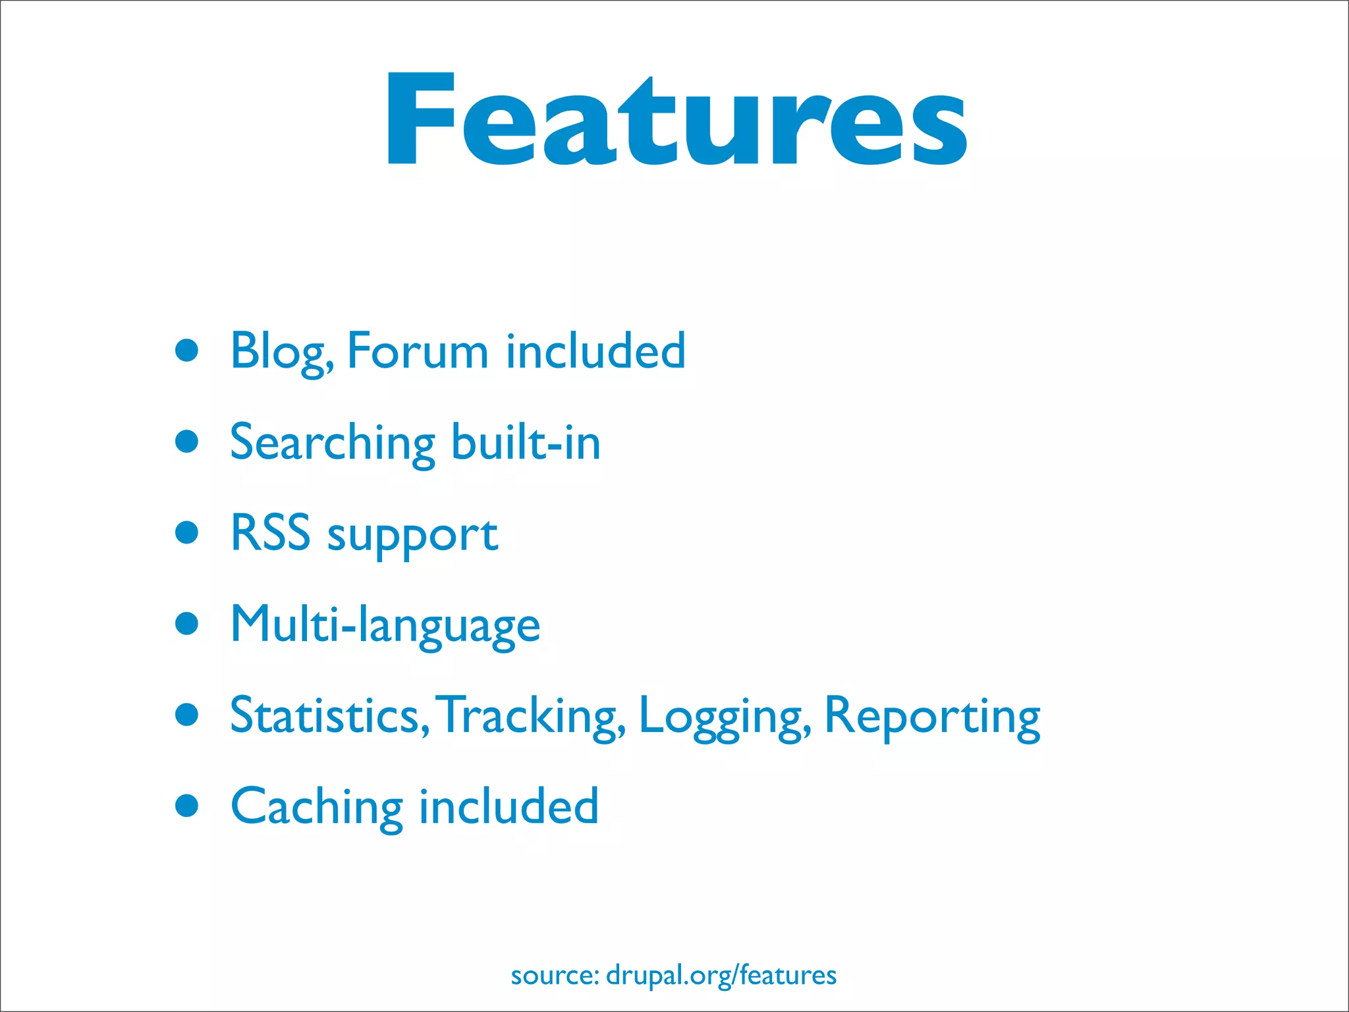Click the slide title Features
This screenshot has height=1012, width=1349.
(676, 119)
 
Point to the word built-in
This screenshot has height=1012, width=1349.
(526, 442)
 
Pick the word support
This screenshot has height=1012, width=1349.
(412, 535)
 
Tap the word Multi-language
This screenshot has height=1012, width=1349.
(385, 625)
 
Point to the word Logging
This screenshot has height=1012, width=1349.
(723, 717)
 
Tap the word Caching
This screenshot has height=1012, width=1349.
(316, 807)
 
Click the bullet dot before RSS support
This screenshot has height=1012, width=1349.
(187, 532)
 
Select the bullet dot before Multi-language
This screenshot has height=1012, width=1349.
(187, 623)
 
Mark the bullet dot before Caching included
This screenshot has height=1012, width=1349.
(187, 805)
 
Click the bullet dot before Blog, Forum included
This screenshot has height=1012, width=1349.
(187, 351)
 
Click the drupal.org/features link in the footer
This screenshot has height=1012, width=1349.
(721, 975)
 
